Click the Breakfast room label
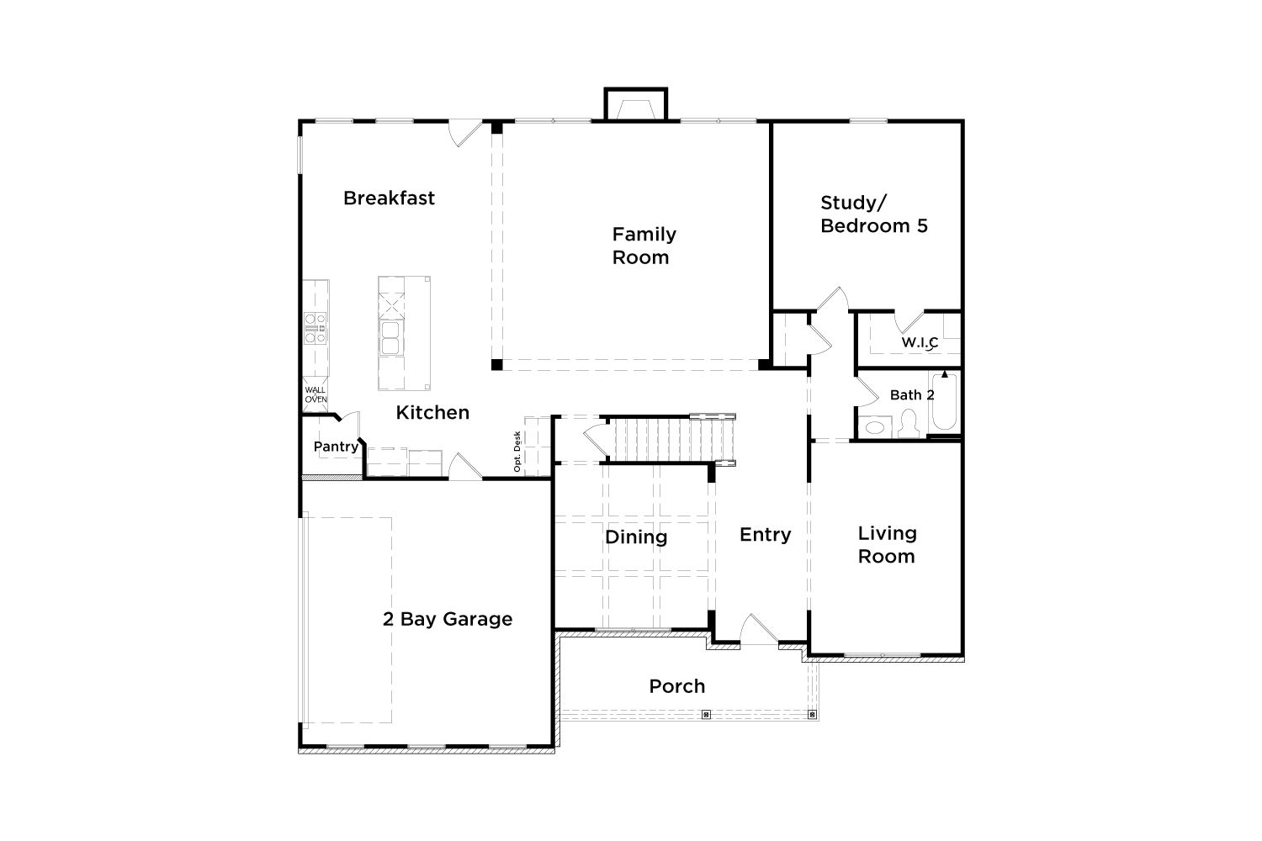(x=389, y=198)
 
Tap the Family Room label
(x=644, y=246)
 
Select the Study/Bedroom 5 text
(x=874, y=214)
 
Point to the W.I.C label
(x=920, y=342)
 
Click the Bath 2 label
(x=911, y=395)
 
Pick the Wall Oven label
(x=315, y=394)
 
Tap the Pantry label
(x=336, y=447)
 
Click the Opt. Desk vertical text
(x=517, y=452)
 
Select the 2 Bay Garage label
(x=448, y=619)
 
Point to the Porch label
(x=676, y=686)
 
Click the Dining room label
(x=636, y=537)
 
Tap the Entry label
(x=765, y=535)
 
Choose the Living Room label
(x=887, y=545)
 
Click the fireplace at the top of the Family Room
(x=636, y=104)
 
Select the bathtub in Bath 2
(x=944, y=401)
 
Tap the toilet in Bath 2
(x=908, y=423)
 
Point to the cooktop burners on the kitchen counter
(x=315, y=328)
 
